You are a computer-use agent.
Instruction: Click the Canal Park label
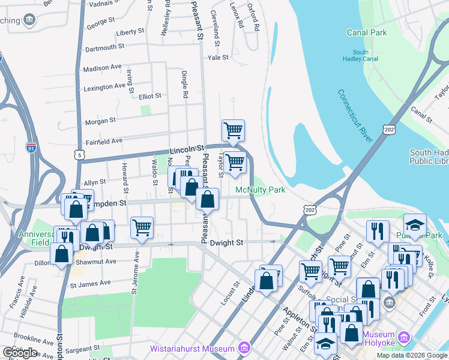367,32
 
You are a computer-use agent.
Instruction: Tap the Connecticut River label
356,116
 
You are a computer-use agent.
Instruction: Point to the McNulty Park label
260,190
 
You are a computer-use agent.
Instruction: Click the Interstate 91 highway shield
31,146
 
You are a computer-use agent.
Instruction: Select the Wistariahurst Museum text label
192,349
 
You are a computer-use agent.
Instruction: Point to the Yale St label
218,58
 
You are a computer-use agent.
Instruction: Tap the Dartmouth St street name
105,46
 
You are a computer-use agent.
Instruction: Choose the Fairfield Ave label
104,141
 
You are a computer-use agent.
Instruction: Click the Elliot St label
149,95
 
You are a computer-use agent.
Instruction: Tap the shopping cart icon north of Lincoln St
232,129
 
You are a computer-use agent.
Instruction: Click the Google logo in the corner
20,353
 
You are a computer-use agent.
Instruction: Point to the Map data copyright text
411,355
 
